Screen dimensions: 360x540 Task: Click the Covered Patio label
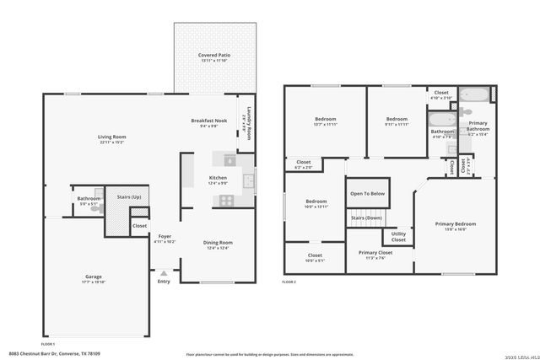click(x=214, y=55)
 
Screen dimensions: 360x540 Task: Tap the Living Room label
click(x=111, y=137)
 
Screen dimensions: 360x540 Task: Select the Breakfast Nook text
click(x=208, y=121)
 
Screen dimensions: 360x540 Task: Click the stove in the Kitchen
click(x=226, y=200)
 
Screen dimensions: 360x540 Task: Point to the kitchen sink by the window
click(x=248, y=180)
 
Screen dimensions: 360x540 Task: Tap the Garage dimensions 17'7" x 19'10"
click(x=93, y=282)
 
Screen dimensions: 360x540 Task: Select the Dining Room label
click(x=218, y=243)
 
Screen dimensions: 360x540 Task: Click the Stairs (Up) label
click(x=129, y=196)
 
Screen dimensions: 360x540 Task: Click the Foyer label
click(x=165, y=237)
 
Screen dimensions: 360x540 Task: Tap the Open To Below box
click(x=368, y=193)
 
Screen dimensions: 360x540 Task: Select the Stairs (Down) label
click(x=366, y=218)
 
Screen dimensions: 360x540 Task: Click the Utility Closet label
click(x=398, y=237)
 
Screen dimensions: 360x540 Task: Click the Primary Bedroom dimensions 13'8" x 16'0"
click(x=456, y=228)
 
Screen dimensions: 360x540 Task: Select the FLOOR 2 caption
click(x=289, y=281)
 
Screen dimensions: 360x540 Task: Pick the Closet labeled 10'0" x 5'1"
click(x=315, y=260)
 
